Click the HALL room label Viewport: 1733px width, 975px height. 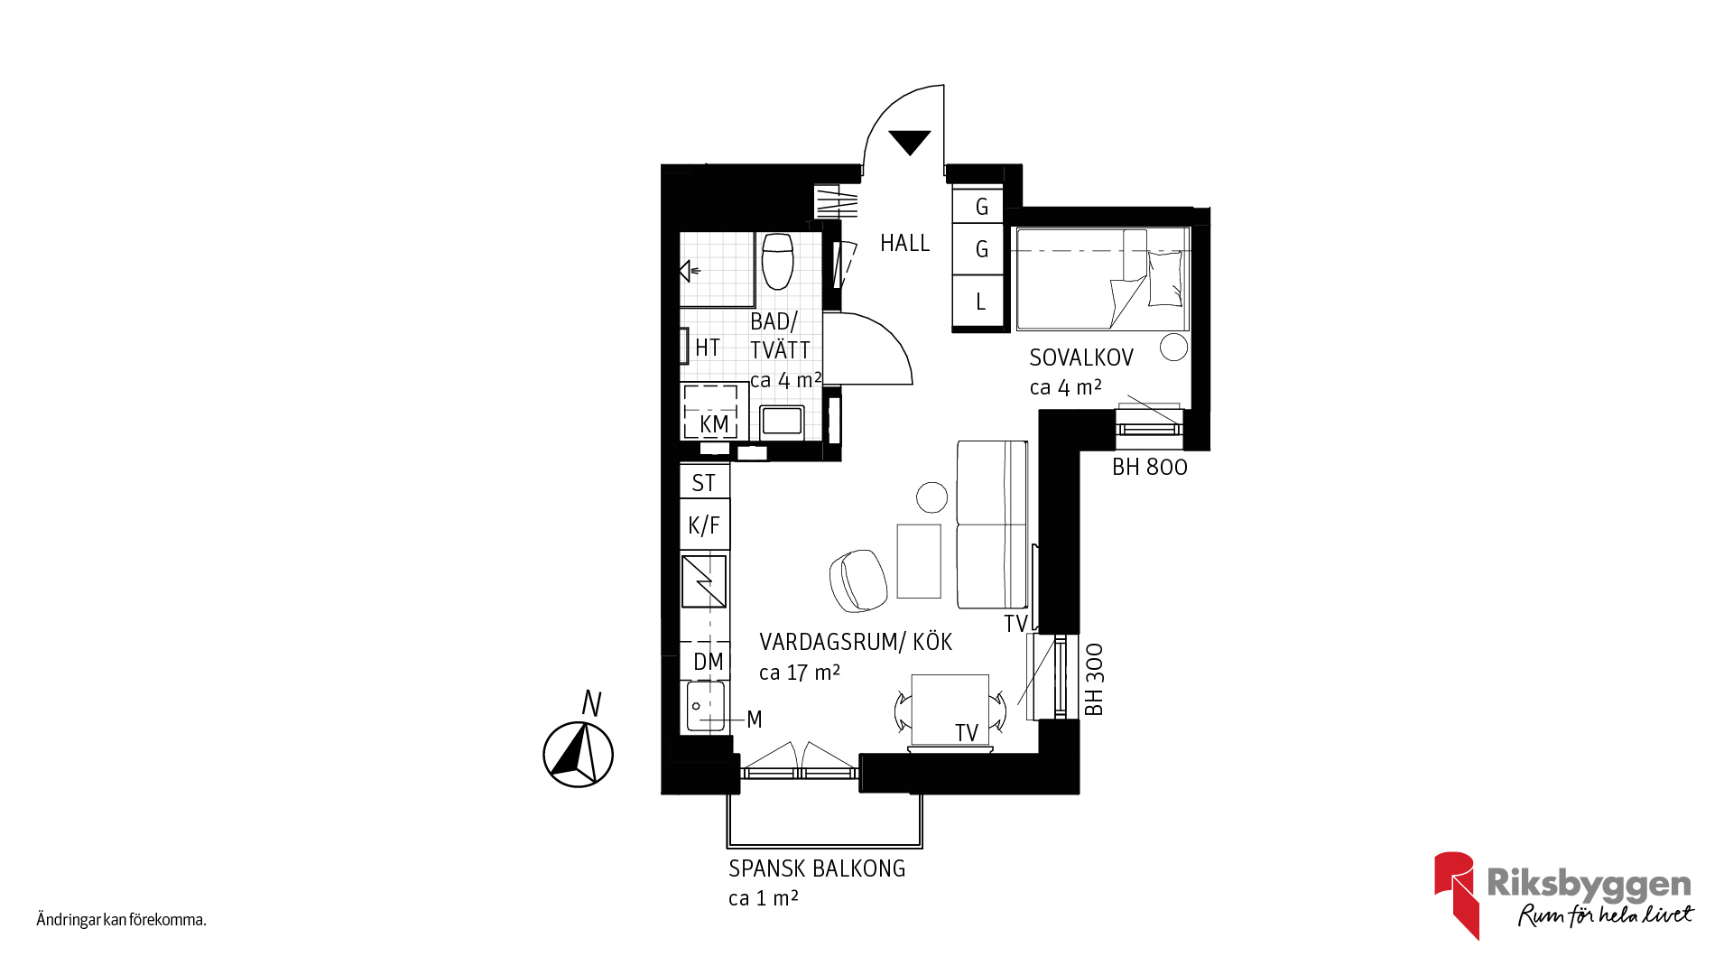tap(904, 243)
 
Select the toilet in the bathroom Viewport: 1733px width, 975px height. tap(777, 261)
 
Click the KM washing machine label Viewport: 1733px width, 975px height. tap(714, 423)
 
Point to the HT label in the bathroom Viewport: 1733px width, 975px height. tap(708, 348)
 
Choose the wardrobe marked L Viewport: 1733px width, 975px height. tap(980, 302)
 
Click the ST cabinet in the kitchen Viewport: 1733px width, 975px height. tap(704, 483)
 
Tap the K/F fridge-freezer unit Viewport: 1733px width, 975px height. tap(704, 525)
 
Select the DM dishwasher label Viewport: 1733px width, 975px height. tap(709, 662)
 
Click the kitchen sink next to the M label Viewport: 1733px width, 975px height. tap(706, 706)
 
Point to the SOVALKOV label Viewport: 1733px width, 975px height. tap(1081, 357)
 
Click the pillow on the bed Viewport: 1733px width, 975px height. tap(1164, 278)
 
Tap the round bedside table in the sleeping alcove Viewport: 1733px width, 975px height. tap(1174, 347)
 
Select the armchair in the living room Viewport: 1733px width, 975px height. tap(857, 580)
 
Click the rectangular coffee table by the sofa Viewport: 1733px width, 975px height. tap(919, 561)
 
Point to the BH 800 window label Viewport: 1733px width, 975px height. tap(1150, 467)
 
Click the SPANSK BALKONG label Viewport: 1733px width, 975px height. tap(817, 868)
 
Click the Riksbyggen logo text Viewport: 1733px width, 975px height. tap(1589, 884)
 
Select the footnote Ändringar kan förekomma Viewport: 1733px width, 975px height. tap(122, 920)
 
